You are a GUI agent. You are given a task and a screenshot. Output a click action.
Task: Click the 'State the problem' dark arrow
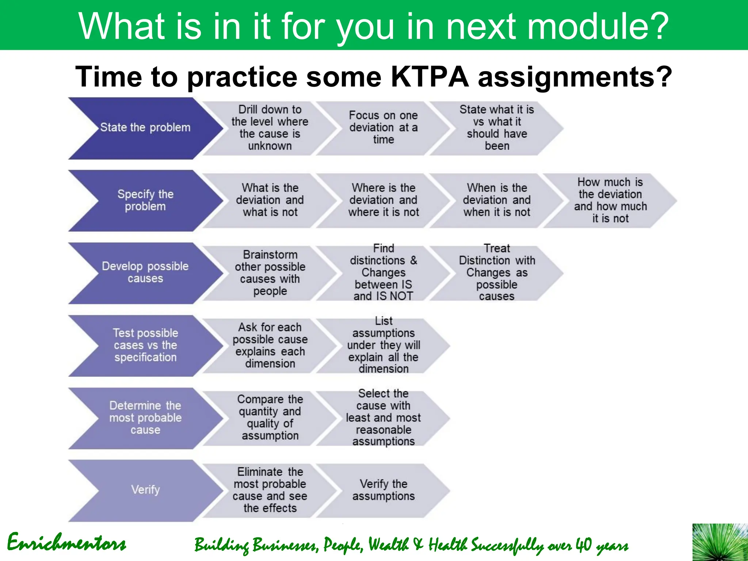[145, 127]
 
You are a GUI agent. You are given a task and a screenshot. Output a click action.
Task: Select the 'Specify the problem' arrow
[145, 200]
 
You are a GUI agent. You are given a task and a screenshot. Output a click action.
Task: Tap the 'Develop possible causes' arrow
[145, 272]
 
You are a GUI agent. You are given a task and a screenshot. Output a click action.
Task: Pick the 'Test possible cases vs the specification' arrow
[145, 345]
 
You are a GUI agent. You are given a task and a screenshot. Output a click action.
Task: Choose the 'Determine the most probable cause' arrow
[145, 418]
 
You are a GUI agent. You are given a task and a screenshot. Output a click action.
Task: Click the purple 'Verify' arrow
[145, 490]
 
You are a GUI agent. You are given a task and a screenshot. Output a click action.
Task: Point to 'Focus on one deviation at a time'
[383, 127]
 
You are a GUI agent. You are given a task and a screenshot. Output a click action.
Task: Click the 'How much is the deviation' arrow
[610, 200]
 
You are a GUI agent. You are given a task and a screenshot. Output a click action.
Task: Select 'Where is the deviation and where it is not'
[383, 200]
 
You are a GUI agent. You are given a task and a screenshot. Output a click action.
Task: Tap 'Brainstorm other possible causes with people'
[270, 273]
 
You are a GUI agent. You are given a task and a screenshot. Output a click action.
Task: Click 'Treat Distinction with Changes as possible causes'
[497, 272]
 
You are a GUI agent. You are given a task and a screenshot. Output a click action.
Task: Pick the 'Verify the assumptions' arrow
[383, 490]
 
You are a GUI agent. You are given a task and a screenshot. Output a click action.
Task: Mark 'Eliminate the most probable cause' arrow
[270, 490]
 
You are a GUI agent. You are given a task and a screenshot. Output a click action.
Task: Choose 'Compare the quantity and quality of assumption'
[270, 417]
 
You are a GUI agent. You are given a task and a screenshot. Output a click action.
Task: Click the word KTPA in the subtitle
[430, 77]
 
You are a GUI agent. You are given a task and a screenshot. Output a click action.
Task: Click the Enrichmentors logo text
[66, 543]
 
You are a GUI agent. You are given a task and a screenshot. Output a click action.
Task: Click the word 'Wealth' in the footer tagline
[388, 545]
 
